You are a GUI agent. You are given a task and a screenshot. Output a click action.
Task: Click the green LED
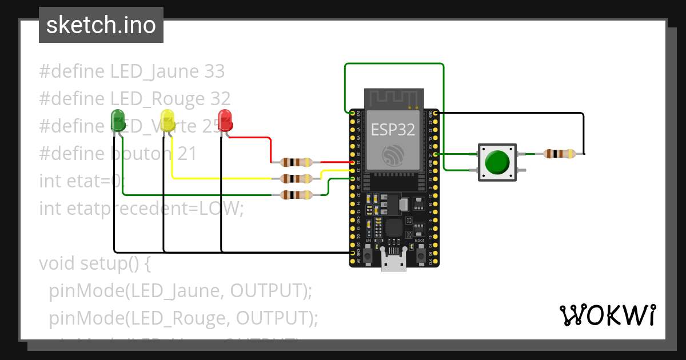[x=118, y=120]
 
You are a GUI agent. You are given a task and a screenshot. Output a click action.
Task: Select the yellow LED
[x=167, y=120]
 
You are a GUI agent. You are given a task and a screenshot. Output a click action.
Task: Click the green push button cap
[x=497, y=162]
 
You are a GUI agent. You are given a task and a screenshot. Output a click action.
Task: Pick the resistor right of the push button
[x=560, y=153]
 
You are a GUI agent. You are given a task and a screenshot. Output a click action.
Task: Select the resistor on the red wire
[x=297, y=162]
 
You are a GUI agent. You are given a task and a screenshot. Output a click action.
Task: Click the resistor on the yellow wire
[x=297, y=179]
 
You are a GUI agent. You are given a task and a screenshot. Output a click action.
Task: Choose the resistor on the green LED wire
[x=297, y=195]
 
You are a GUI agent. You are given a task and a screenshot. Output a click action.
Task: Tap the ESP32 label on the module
[x=393, y=130]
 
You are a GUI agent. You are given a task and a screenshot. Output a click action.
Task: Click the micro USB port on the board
[x=394, y=263]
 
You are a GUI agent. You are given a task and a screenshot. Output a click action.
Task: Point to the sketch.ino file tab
[x=101, y=25]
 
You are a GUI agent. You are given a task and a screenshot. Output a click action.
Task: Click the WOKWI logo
[x=607, y=315]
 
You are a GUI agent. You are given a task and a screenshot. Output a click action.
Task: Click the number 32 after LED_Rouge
[x=220, y=99]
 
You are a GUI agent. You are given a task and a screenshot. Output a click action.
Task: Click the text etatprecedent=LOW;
[x=141, y=209]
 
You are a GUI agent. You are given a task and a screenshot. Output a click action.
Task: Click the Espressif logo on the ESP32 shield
[x=393, y=154]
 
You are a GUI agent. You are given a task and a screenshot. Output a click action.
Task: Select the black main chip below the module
[x=394, y=227]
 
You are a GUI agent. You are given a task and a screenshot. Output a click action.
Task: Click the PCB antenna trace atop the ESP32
[x=394, y=98]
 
